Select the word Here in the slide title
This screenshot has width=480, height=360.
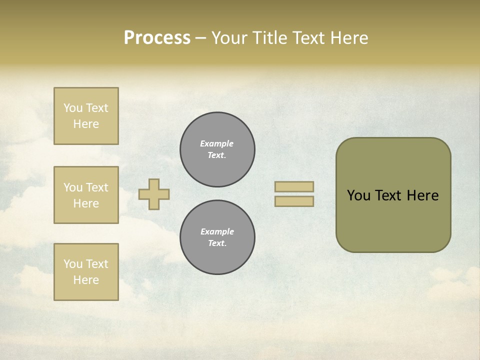[348, 38]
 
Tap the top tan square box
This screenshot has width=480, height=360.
[86, 116]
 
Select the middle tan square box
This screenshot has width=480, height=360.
[86, 195]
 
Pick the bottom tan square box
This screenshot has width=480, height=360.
[86, 272]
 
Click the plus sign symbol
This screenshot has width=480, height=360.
[154, 194]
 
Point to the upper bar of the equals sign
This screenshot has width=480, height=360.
[294, 186]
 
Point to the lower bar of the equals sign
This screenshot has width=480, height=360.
[294, 201]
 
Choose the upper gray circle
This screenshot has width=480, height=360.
[217, 149]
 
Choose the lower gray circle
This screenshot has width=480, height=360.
[217, 237]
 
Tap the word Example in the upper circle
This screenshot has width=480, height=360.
[217, 143]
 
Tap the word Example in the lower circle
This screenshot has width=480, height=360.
[217, 231]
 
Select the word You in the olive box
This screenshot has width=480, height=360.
[358, 195]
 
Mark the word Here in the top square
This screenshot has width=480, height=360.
[86, 124]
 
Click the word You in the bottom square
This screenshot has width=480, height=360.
[73, 264]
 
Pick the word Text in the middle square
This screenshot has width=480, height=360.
[97, 187]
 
